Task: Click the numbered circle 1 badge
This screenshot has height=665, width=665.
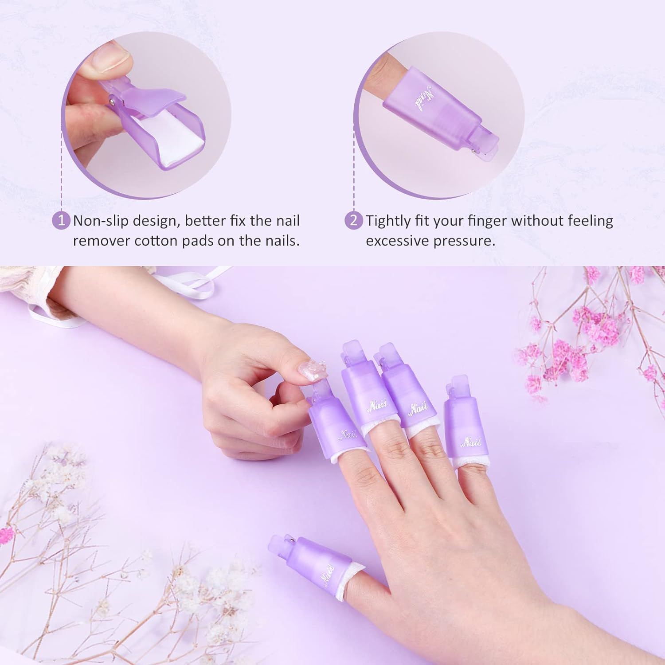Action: pos(62,220)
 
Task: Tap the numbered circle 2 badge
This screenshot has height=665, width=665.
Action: pos(353,220)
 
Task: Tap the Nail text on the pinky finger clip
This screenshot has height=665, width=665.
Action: pos(471,442)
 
